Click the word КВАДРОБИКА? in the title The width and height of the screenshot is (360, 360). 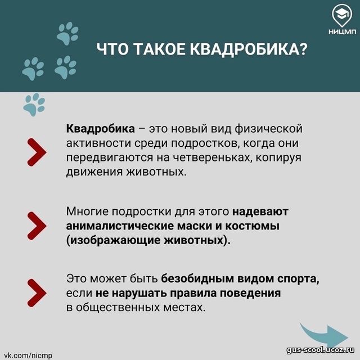pos(249,49)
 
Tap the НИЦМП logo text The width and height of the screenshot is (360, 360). pos(342,31)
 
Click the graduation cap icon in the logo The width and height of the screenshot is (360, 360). pos(342,14)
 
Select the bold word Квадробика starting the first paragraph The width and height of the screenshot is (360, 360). pos(100,129)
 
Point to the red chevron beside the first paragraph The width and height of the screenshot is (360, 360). pos(37,152)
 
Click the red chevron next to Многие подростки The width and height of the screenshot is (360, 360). pos(37,226)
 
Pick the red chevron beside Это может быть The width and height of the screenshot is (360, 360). pos(37,293)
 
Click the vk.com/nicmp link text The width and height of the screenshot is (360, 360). pos(28,355)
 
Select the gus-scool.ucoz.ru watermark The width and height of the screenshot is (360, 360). pos(320,350)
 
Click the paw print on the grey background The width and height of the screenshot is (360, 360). pos(34,105)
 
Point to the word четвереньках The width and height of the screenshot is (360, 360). pos(211,157)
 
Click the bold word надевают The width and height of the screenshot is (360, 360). pos(260,211)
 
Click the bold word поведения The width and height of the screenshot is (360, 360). pos(250,293)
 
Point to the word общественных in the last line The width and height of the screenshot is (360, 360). pos(118,308)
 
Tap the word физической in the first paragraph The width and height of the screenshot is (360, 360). pos(268,129)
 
